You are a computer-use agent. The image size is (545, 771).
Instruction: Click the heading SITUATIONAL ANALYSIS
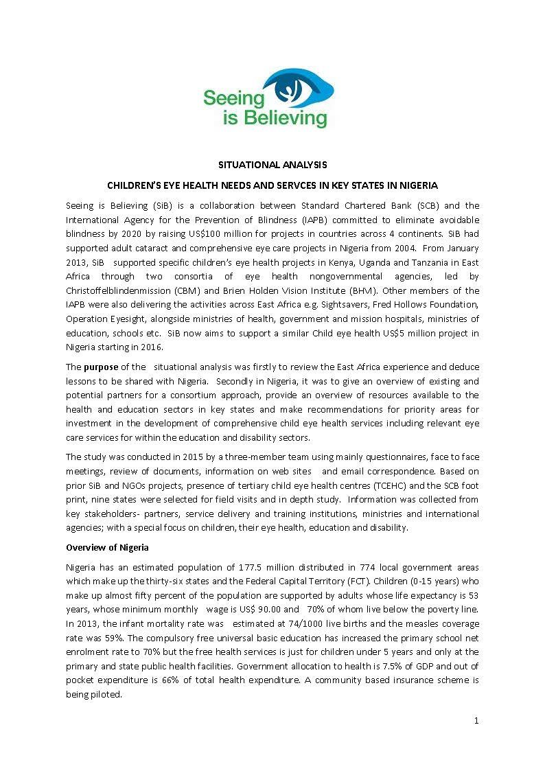coord(272,165)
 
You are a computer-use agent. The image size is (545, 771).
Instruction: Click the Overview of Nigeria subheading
coord(107,547)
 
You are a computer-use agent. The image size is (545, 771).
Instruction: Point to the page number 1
coord(476,720)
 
